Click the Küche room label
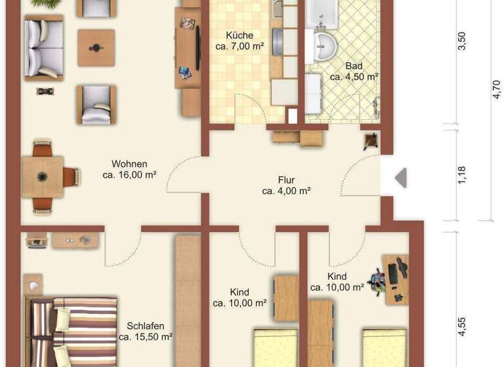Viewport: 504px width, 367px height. point(239,35)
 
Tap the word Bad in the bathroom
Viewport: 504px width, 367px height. point(354,66)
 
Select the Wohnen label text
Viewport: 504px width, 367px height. point(129,164)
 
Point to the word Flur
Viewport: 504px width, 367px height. point(285,180)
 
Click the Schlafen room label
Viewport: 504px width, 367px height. point(146,326)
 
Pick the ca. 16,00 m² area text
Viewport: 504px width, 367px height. point(129,175)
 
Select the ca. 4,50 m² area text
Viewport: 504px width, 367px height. point(354,77)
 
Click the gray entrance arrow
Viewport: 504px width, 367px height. point(400,178)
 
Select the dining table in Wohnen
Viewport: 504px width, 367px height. point(43,177)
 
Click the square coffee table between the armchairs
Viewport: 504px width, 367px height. point(96,48)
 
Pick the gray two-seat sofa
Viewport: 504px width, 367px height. point(43,47)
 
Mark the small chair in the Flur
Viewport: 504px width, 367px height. point(371,140)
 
